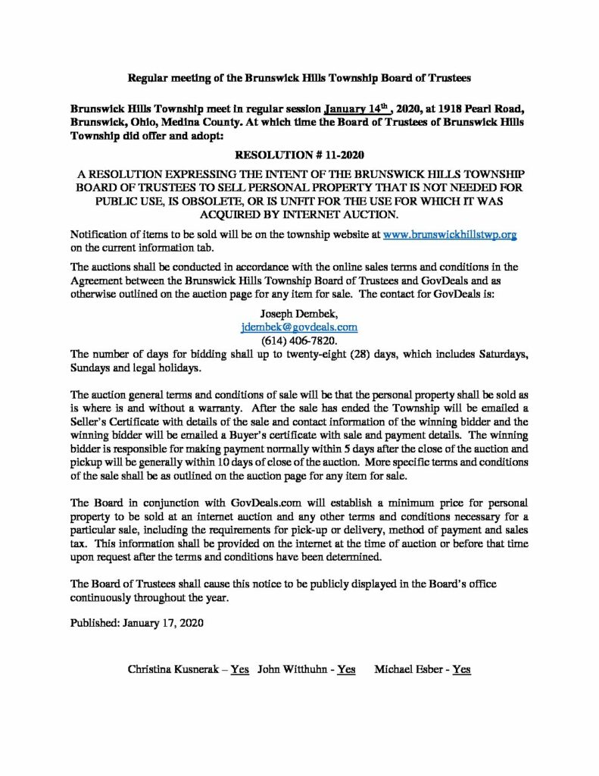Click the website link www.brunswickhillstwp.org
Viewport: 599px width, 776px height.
450,235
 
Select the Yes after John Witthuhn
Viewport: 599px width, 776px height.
346,669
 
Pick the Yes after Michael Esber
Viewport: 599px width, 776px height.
461,669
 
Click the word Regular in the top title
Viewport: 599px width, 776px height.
147,78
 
